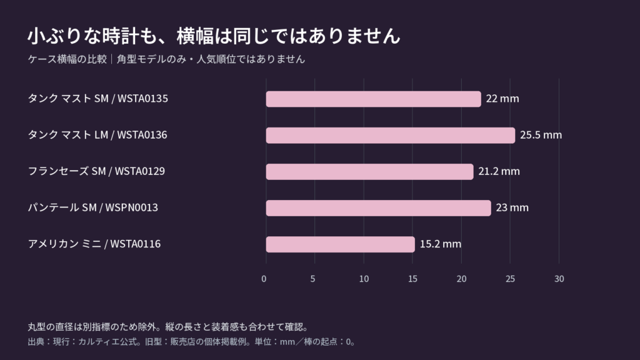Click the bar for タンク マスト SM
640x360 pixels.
click(x=374, y=99)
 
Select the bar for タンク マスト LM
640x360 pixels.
click(x=391, y=136)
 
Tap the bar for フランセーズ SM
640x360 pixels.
click(x=370, y=172)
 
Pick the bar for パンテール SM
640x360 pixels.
click(x=378, y=208)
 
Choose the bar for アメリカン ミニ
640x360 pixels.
click(x=341, y=244)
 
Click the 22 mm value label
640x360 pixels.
click(x=502, y=99)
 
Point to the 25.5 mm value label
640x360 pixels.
click(x=541, y=135)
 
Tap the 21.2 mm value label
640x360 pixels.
click(x=499, y=171)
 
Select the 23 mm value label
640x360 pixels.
click(x=512, y=207)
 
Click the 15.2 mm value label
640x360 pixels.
click(x=441, y=244)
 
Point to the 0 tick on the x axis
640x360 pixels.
click(x=264, y=279)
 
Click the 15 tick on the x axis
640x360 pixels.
click(x=412, y=279)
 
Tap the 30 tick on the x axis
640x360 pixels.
click(x=559, y=279)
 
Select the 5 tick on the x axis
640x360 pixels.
click(x=312, y=279)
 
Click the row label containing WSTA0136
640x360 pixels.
click(x=97, y=135)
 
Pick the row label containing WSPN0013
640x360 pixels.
click(x=92, y=207)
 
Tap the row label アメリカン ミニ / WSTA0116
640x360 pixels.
click(x=94, y=244)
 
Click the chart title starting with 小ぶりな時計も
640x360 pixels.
click(x=214, y=36)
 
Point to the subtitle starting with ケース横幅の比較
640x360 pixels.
click(x=166, y=59)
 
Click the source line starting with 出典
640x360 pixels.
click(x=192, y=342)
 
